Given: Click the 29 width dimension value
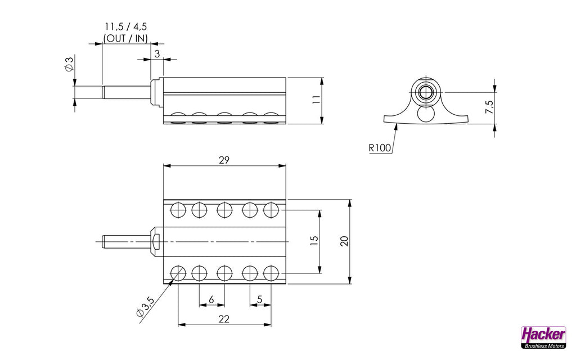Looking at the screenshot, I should pos(224,160).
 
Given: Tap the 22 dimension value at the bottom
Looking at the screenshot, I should pos(224,319).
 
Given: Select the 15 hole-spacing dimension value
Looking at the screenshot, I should pos(314,240).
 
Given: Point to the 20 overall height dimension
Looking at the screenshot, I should pos(345,240).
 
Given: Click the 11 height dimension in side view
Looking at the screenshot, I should pos(316,100).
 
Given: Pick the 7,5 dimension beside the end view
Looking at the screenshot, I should pos(489,107).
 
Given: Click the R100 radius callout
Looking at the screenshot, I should pos(380,148).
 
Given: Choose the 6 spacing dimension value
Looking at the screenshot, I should pos(211,300).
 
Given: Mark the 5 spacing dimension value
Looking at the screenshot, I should pos(260,300).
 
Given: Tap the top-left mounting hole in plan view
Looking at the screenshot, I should pos(178,210).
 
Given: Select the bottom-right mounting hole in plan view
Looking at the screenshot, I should pos(271,273).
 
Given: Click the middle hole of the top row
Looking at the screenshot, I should pos(224,210).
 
